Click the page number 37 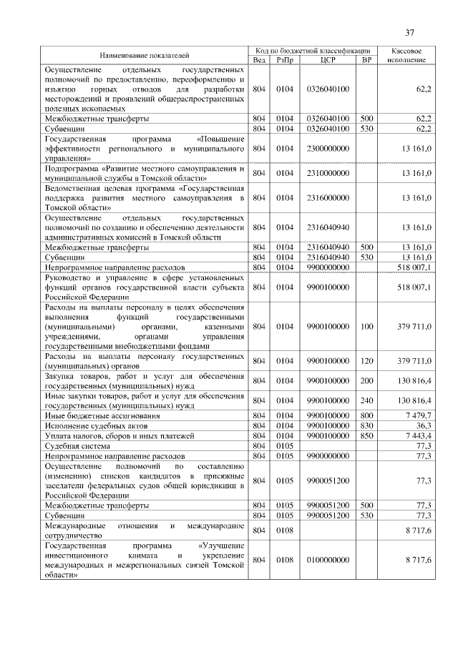tap(409, 32)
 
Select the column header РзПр tap(286, 60)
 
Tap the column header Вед tap(259, 60)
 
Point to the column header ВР tap(366, 60)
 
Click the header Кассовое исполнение tap(407, 56)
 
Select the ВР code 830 tap(366, 425)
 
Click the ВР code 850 tap(366, 435)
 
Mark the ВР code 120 tap(366, 361)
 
